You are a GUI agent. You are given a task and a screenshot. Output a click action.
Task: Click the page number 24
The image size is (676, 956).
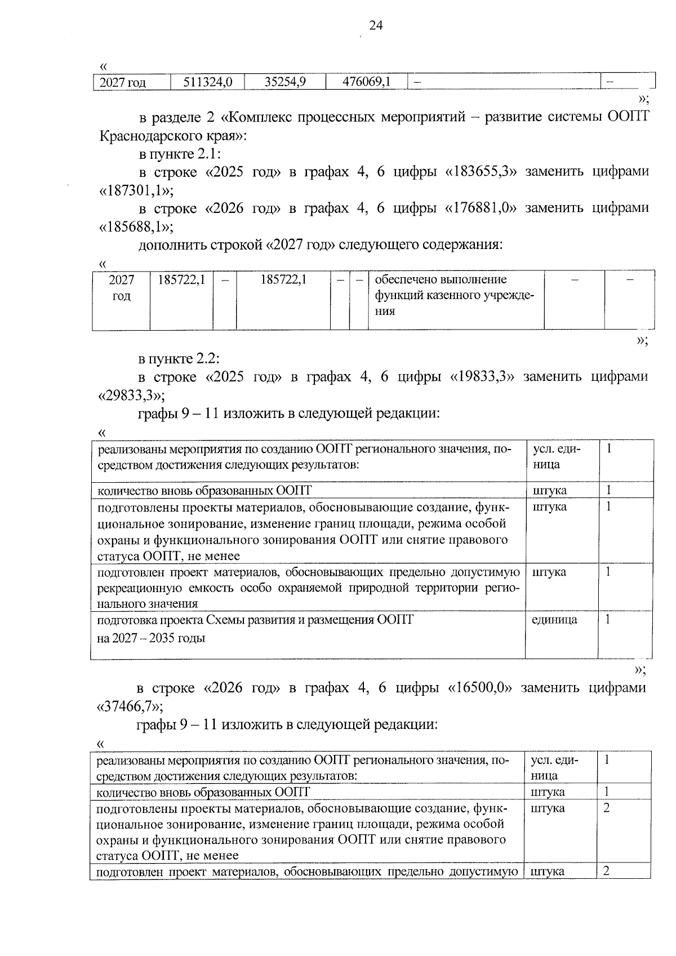point(376,25)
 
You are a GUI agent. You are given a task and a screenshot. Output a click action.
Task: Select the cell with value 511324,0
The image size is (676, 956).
point(208,82)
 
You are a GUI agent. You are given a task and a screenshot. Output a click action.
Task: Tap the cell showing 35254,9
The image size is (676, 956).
point(285,82)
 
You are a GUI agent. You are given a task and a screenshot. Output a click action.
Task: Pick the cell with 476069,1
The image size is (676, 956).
point(366,82)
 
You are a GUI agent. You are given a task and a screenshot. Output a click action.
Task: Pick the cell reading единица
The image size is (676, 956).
point(554,620)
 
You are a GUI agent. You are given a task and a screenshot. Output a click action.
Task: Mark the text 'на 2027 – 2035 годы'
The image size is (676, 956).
point(151,638)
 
